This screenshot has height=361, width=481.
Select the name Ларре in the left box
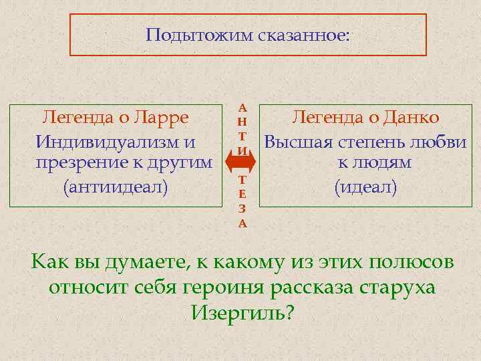click(164, 118)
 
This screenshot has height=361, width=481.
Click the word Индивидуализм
click(108, 142)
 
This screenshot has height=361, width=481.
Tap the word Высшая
click(298, 142)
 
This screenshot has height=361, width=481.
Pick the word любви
click(442, 142)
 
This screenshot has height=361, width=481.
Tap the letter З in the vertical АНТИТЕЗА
click(243, 209)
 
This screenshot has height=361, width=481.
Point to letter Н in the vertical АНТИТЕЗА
click(243, 121)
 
